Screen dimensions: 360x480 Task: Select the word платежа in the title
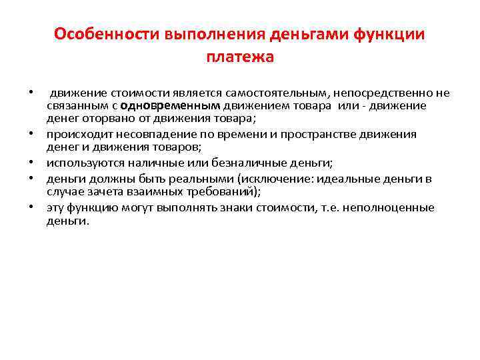pyautogui.click(x=240, y=57)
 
